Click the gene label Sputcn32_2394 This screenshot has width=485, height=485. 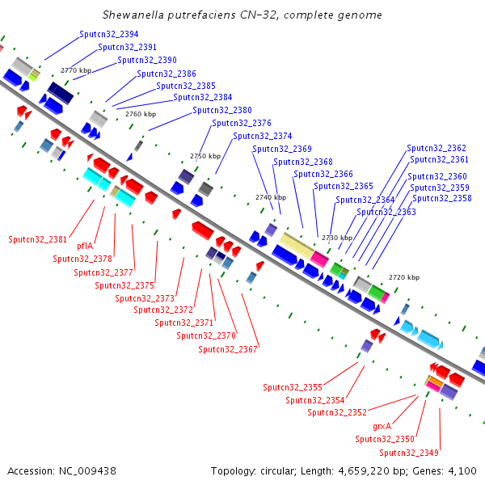[x=109, y=35]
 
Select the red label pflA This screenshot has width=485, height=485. [x=85, y=246]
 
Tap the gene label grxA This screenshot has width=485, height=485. [x=382, y=425]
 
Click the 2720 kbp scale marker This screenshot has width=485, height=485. [x=404, y=277]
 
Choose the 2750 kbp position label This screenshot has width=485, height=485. [x=205, y=156]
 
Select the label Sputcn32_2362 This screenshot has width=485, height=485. [x=436, y=148]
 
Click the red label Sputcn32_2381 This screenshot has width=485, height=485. [x=38, y=239]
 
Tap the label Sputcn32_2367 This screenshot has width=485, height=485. [x=228, y=349]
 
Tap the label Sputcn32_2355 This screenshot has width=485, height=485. [x=293, y=387]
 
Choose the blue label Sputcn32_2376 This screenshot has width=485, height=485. [x=241, y=123]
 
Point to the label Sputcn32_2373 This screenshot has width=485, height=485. [x=145, y=298]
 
